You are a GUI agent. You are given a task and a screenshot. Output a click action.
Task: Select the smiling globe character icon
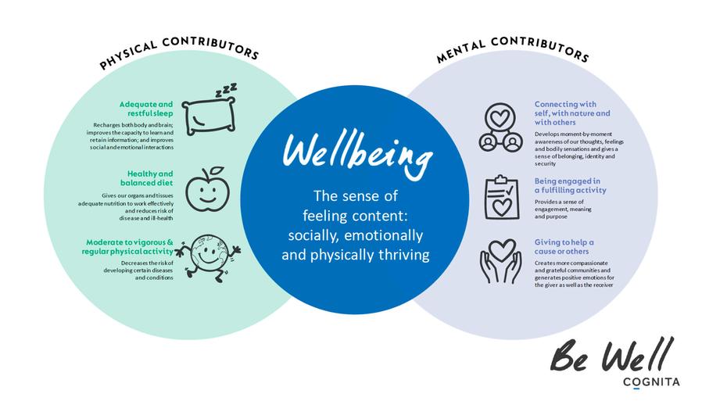click(x=208, y=251)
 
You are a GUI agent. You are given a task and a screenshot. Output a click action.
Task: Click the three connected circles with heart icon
click(x=500, y=127)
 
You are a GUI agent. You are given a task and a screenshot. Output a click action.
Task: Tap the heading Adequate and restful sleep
click(x=146, y=108)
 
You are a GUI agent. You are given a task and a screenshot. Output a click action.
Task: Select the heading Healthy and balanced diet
click(x=151, y=177)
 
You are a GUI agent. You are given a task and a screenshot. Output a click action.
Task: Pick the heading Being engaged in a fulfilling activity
click(x=570, y=185)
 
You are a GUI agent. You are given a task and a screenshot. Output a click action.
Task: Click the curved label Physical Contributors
click(x=179, y=52)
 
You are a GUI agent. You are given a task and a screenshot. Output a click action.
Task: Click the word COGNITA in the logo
click(x=651, y=381)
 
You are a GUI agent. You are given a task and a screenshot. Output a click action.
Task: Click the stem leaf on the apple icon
click(x=216, y=171)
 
